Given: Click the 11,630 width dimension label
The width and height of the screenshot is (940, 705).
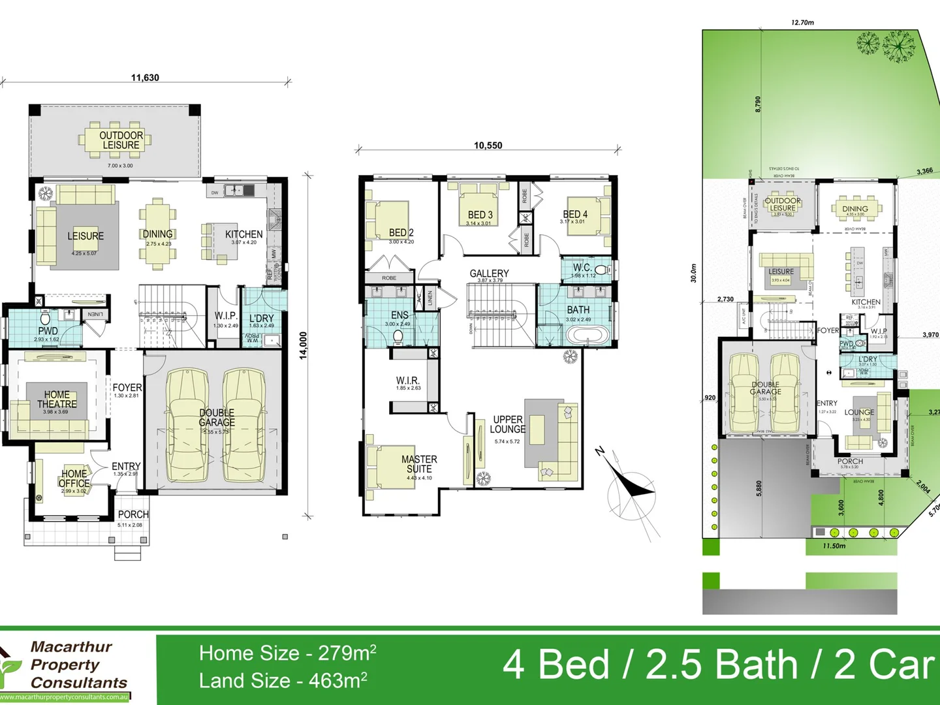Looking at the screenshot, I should coord(145,78).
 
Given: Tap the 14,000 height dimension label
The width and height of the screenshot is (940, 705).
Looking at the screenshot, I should coord(303,345).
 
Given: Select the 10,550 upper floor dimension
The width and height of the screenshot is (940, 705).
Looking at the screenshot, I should coord(488,146).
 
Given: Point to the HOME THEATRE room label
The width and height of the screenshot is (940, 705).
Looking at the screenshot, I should coord(57,399).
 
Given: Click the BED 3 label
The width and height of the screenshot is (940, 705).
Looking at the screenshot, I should coord(480,215).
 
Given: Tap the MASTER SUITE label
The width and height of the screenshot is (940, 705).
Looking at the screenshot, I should coord(419,464).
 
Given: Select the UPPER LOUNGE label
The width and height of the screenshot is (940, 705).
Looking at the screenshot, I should coord(508,424).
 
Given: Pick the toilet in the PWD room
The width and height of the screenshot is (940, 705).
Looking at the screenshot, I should coord(45,319).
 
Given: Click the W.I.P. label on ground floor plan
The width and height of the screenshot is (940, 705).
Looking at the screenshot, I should coord(226,316).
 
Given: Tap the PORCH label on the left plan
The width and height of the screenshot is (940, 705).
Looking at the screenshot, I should coord(133,514).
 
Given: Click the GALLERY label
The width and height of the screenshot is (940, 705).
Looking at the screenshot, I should coord(489,274).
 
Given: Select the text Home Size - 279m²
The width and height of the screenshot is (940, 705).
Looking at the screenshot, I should coord(287,653).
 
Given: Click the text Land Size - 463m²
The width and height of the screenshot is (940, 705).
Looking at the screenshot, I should coord(283,681).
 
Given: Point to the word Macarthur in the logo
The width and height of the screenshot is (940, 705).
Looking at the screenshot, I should coord(71,647).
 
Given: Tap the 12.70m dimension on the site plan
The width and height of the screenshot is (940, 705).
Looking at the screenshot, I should coord(802,22).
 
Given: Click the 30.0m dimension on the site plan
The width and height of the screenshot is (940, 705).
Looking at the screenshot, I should coord(693,273).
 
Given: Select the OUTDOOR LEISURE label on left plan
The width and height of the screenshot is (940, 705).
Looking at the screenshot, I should coord(121,140).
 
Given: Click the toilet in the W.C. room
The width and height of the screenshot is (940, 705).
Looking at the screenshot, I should coord(601,270).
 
